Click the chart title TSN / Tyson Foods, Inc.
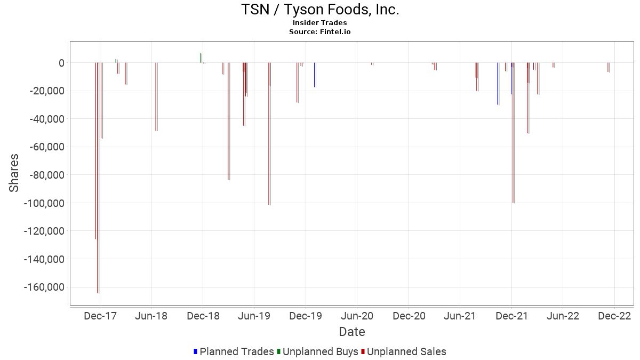point(320,10)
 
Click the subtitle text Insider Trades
point(320,22)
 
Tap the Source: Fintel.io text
point(320,31)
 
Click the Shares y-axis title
point(14,173)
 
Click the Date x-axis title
point(352,332)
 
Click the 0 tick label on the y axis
point(61,63)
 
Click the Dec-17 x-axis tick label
point(100,316)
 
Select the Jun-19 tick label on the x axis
point(254,316)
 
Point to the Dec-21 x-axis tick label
point(511,316)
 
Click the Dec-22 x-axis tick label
point(614,316)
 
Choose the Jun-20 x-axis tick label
point(357,316)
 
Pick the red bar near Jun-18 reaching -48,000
point(156,97)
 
